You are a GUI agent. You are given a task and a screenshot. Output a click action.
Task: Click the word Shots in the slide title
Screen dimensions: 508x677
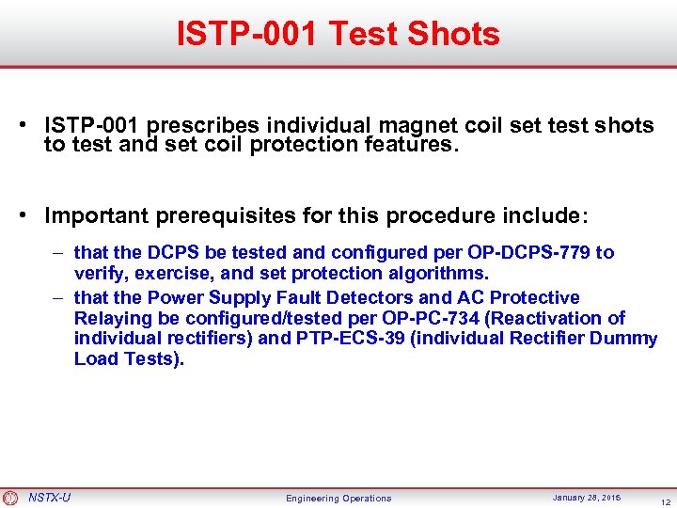454,34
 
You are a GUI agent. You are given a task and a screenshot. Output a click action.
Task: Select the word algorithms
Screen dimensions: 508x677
434,273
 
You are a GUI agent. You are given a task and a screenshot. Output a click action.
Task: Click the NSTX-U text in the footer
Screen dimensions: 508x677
49,497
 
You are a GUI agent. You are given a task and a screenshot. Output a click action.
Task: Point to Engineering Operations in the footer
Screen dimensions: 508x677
338,498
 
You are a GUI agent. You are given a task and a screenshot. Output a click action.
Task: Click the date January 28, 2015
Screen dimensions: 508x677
587,497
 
